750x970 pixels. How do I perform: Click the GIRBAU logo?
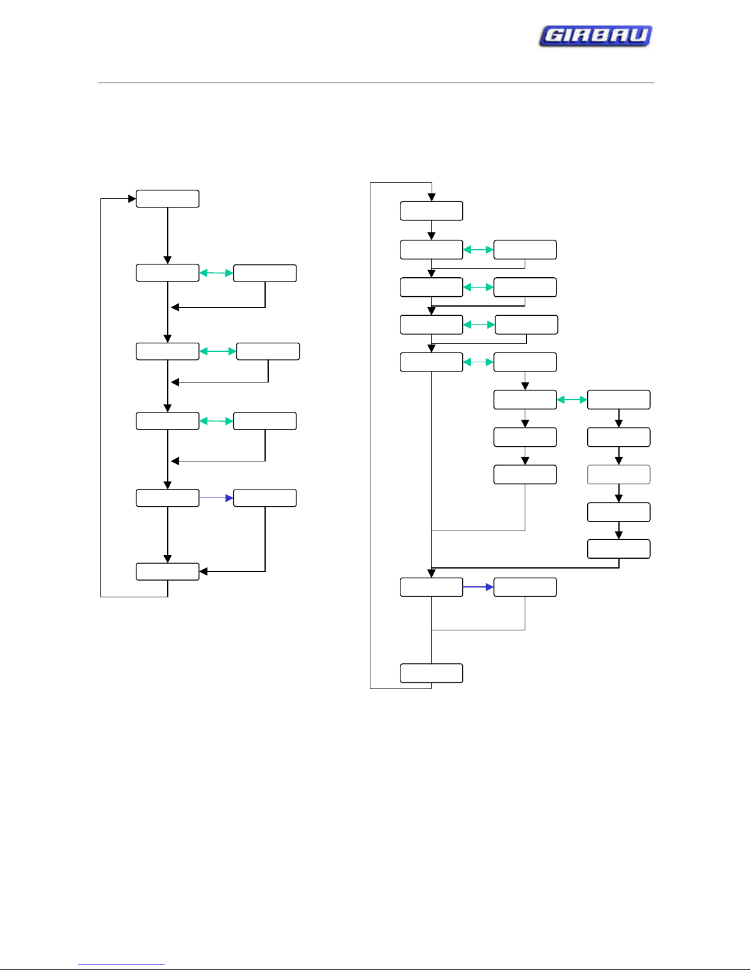tap(596, 35)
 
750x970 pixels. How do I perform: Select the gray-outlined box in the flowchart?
tap(618, 474)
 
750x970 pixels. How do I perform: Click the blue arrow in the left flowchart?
tap(216, 498)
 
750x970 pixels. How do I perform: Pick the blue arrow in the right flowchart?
tap(478, 587)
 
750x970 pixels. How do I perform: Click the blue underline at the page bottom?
tap(121, 964)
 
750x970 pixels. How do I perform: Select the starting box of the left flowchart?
tap(167, 199)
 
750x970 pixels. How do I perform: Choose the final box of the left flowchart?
tap(167, 572)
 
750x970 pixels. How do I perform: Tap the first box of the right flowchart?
tap(431, 211)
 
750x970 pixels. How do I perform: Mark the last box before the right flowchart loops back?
tap(431, 673)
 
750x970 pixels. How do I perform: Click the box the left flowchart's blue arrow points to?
tap(264, 498)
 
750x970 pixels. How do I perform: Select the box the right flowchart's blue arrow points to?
tap(525, 587)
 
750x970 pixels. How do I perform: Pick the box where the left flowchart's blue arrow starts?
tap(167, 498)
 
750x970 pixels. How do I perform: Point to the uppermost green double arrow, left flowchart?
tap(216, 273)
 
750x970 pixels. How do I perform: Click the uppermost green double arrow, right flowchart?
tap(478, 250)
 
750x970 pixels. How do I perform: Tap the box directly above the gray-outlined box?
tap(618, 437)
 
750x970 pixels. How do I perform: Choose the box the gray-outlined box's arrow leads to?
tap(618, 512)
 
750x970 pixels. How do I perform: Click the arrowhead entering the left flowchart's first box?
tap(132, 199)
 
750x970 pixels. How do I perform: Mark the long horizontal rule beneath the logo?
tap(376, 83)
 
